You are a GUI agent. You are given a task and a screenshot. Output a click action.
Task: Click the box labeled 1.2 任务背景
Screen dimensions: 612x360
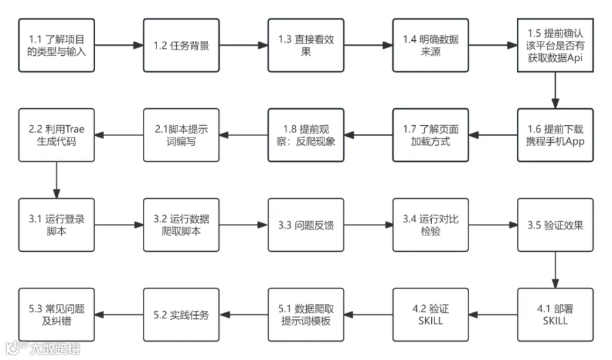181,46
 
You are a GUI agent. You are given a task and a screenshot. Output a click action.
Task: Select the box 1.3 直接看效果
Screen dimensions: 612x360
306,46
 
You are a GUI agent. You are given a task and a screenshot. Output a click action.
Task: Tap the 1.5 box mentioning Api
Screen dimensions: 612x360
555,46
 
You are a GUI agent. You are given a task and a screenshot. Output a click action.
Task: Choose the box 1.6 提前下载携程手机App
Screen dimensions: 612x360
555,135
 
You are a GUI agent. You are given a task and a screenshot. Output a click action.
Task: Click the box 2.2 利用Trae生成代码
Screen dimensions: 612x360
56,135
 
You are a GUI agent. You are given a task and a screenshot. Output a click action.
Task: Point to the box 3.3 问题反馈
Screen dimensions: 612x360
306,225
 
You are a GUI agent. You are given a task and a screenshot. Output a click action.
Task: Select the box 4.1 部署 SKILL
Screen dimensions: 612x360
555,314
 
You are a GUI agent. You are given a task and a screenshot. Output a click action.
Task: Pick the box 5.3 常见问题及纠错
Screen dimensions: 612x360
56,314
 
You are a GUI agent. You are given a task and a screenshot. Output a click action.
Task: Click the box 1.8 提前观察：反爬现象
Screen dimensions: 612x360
306,135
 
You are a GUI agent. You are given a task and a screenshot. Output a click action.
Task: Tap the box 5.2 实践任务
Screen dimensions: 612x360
181,314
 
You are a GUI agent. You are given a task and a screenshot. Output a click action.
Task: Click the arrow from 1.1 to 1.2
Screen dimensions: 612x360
119,46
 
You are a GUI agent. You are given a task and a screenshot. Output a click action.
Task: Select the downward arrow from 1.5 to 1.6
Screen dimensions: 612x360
555,91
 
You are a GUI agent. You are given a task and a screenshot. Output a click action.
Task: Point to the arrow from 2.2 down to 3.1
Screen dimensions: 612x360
56,180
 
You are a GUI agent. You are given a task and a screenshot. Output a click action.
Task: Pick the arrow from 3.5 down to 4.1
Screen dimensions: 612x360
555,269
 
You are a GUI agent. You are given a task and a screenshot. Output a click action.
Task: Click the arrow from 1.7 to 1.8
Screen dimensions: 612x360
369,135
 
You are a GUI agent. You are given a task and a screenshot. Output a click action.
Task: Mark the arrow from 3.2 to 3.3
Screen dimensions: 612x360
243,225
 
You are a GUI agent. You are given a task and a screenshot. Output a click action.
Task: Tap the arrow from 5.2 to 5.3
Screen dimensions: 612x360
119,314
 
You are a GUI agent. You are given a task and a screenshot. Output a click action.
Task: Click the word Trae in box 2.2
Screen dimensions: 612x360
75,129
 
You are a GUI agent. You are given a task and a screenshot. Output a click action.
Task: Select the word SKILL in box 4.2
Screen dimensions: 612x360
430,321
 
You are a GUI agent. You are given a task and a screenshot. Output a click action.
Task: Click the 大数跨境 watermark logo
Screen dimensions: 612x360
43,348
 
